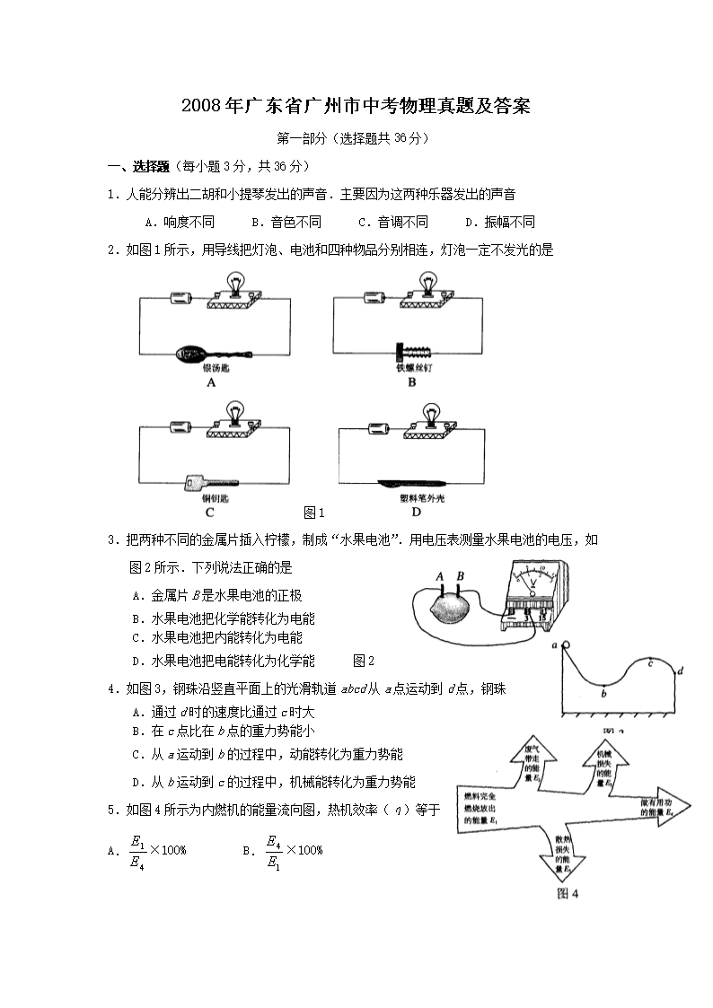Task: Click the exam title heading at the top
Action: point(356,106)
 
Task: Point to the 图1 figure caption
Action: point(313,513)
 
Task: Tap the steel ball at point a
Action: point(566,644)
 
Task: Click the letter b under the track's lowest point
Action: point(603,692)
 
